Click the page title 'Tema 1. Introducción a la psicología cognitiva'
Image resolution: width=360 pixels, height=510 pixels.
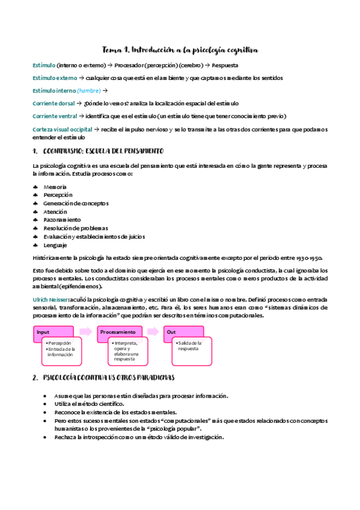point(180,50)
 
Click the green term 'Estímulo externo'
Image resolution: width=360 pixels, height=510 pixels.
point(54,78)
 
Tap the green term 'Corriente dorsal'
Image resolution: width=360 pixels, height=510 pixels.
point(53,103)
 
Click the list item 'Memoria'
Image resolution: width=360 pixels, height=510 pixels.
point(55,187)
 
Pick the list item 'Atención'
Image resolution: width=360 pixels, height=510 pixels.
point(55,212)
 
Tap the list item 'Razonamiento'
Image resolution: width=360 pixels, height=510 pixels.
point(61,220)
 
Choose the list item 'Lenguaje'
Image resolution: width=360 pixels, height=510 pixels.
point(55,245)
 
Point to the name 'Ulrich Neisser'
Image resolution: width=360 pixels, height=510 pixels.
point(50,299)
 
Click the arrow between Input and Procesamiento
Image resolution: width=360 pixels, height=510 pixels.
point(86,332)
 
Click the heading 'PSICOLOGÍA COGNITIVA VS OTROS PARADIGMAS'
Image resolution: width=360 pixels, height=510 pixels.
point(109,377)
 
